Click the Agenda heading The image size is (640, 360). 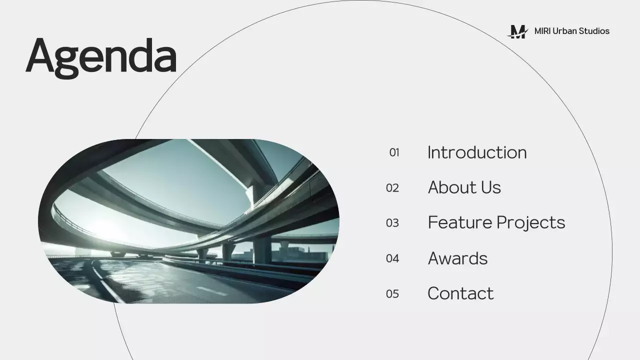point(101,56)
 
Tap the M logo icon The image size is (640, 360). point(518,31)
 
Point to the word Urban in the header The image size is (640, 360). point(564,31)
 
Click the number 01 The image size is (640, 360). point(394,152)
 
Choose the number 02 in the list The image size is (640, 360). point(392,188)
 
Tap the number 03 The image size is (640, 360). point(392,223)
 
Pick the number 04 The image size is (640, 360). point(392,258)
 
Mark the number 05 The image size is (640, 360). point(392,293)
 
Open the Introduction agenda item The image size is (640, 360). point(477,152)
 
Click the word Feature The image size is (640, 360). point(458,222)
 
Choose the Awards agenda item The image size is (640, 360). point(457,258)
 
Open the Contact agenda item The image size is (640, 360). point(460,293)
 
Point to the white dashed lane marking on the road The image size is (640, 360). point(212,290)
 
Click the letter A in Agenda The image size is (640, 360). point(40,56)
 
